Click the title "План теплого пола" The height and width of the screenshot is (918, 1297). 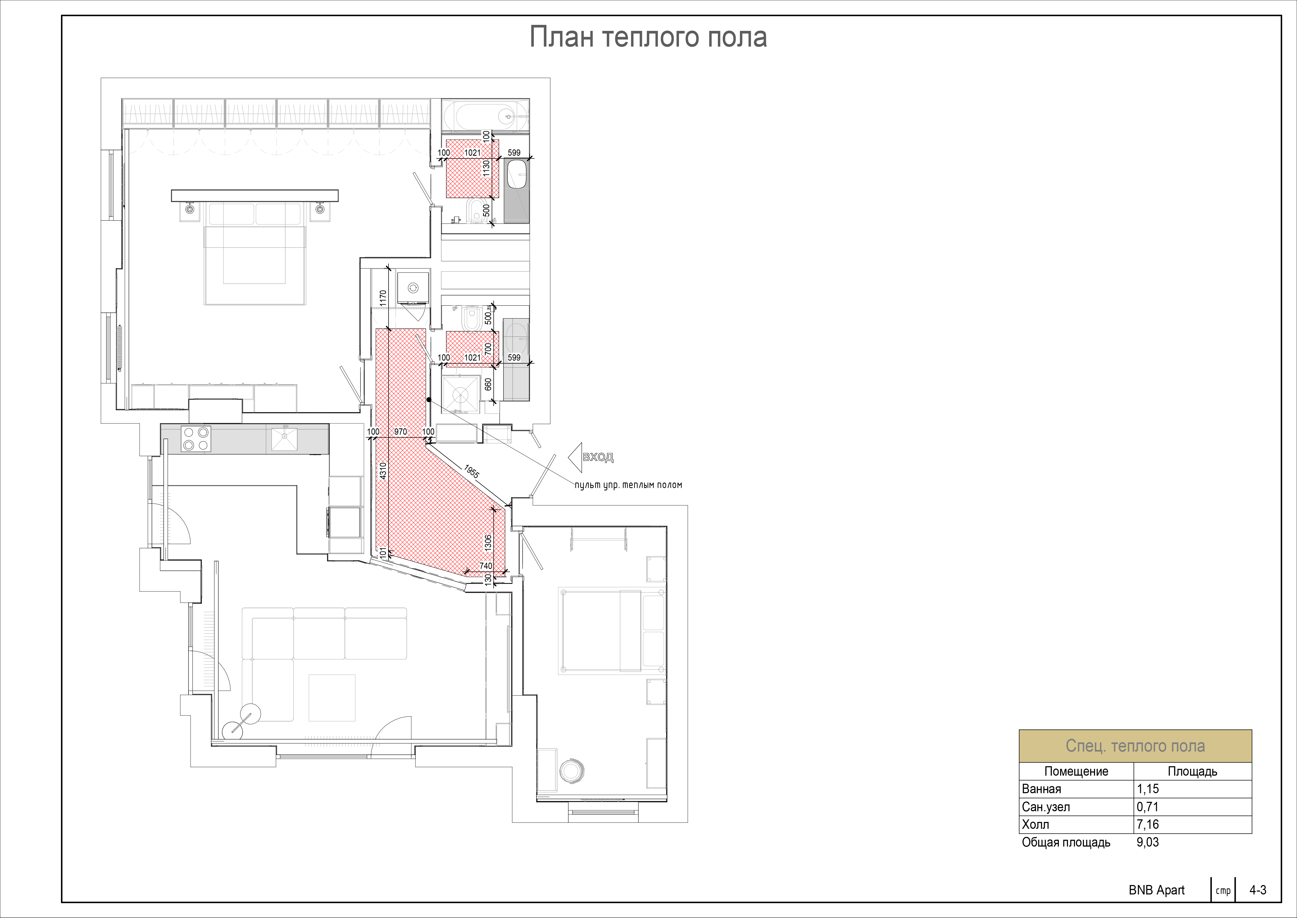tap(648, 37)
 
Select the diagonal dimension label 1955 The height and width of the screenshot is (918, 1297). tap(471, 472)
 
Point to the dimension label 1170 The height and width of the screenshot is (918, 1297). tap(383, 299)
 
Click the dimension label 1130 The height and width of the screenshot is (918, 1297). tap(486, 169)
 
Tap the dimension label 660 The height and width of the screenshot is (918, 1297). tap(488, 384)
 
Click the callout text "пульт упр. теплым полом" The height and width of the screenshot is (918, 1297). tap(628, 485)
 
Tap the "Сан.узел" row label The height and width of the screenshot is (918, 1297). tap(1046, 807)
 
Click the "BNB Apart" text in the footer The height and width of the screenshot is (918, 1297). tap(1156, 890)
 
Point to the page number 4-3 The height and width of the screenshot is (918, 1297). tap(1258, 890)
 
